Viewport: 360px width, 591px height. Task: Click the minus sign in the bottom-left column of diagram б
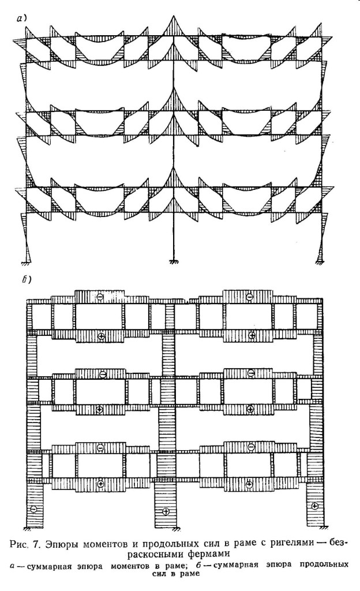click(34, 509)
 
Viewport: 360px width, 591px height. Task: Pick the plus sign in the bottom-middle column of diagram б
click(165, 511)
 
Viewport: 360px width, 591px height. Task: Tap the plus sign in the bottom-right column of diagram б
click(315, 506)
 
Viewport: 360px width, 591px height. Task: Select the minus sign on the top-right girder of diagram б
click(249, 297)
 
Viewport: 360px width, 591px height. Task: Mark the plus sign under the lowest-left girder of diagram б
click(100, 484)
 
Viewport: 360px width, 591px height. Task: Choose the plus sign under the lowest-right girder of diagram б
click(249, 484)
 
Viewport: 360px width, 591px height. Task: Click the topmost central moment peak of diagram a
click(174, 16)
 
